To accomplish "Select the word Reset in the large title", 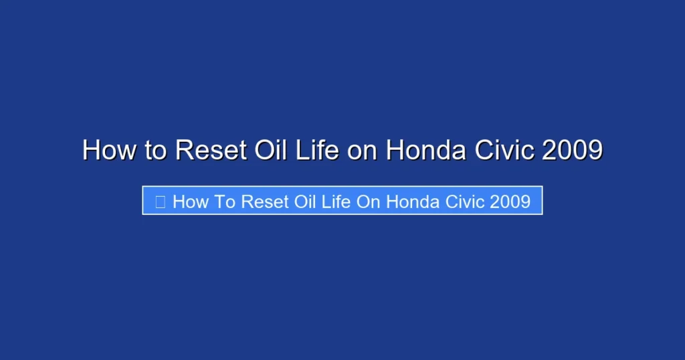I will (x=209, y=150).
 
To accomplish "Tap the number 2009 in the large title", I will (x=573, y=150).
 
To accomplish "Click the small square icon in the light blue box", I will (x=160, y=201).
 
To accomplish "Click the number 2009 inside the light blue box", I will (x=510, y=201).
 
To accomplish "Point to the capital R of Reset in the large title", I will (x=184, y=150).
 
